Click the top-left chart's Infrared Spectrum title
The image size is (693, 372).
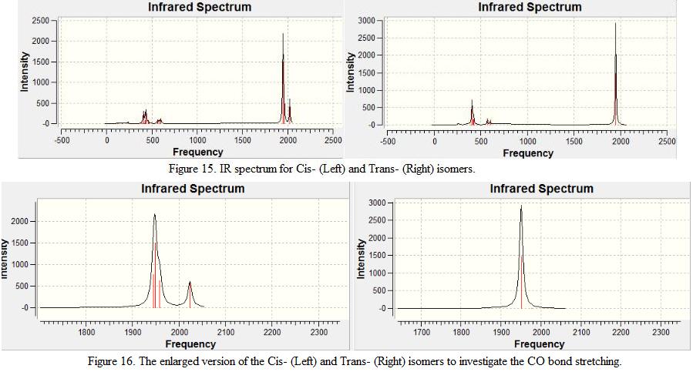(x=200, y=8)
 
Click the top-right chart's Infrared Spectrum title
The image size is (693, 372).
(x=530, y=8)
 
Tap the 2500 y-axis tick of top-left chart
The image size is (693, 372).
(x=39, y=20)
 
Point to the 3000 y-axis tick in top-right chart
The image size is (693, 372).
(x=366, y=20)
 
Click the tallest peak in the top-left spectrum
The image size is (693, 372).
(x=283, y=35)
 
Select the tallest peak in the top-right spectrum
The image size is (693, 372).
(x=615, y=24)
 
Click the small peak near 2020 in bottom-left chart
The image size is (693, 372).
(x=190, y=283)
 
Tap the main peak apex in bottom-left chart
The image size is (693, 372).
(x=155, y=215)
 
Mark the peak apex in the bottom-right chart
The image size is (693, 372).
(x=521, y=206)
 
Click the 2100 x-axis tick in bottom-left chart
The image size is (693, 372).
(x=225, y=333)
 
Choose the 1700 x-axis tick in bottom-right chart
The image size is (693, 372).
(x=422, y=333)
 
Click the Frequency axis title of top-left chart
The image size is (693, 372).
(x=198, y=152)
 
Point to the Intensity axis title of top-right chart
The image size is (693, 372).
(x=352, y=72)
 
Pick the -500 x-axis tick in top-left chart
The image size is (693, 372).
(x=62, y=140)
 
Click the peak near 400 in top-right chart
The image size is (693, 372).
(x=472, y=101)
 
